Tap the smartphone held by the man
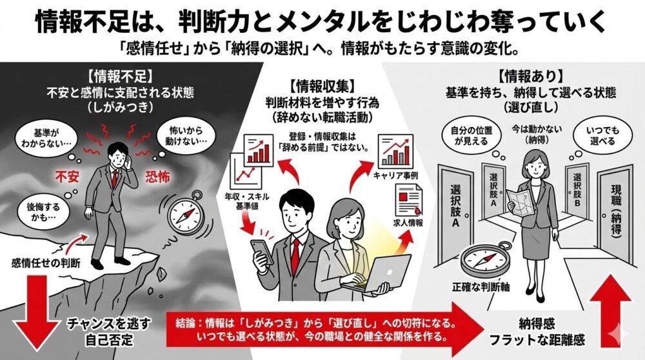tap(260, 250)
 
